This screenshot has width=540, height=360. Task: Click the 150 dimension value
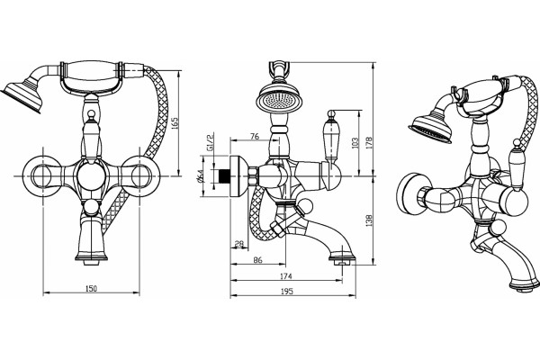(91, 288)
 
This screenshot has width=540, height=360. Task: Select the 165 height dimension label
(175, 123)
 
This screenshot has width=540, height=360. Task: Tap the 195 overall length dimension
(286, 291)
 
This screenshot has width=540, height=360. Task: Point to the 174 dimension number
(286, 276)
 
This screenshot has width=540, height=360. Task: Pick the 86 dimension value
(257, 260)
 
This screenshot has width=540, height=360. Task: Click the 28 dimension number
(239, 244)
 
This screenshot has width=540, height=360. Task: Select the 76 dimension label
(255, 137)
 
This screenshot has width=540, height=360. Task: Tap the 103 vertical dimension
(355, 143)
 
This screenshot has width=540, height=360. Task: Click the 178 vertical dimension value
(369, 143)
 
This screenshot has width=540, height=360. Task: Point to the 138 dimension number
(369, 220)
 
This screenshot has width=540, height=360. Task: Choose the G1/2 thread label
(210, 141)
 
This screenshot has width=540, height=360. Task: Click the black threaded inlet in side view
(224, 176)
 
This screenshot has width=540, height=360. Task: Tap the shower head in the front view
(22, 95)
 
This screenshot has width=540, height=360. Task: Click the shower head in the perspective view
(430, 130)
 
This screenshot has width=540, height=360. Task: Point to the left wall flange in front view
(42, 176)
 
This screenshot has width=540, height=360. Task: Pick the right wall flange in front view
(139, 176)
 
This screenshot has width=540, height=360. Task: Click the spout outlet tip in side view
(342, 262)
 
